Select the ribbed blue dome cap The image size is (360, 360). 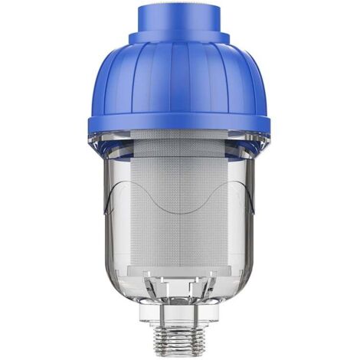[x=179, y=77]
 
